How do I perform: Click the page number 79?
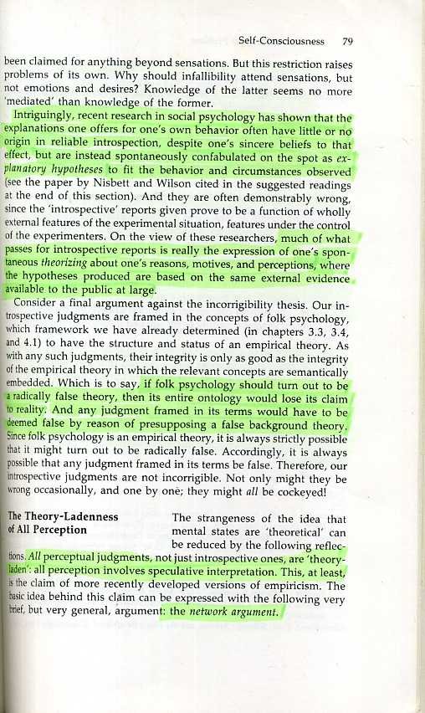[x=348, y=39]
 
